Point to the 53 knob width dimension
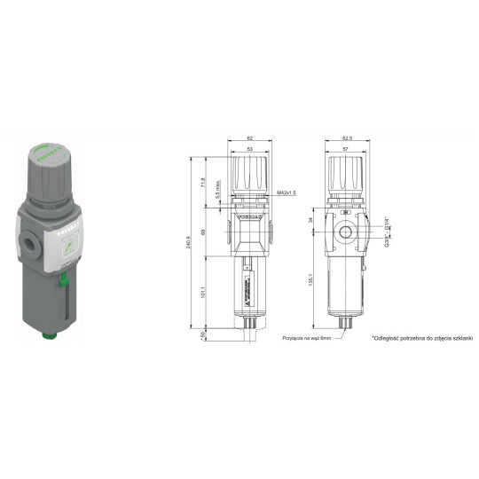coord(250,151)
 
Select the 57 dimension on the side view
coord(345,151)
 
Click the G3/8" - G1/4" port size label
coord(388,232)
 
